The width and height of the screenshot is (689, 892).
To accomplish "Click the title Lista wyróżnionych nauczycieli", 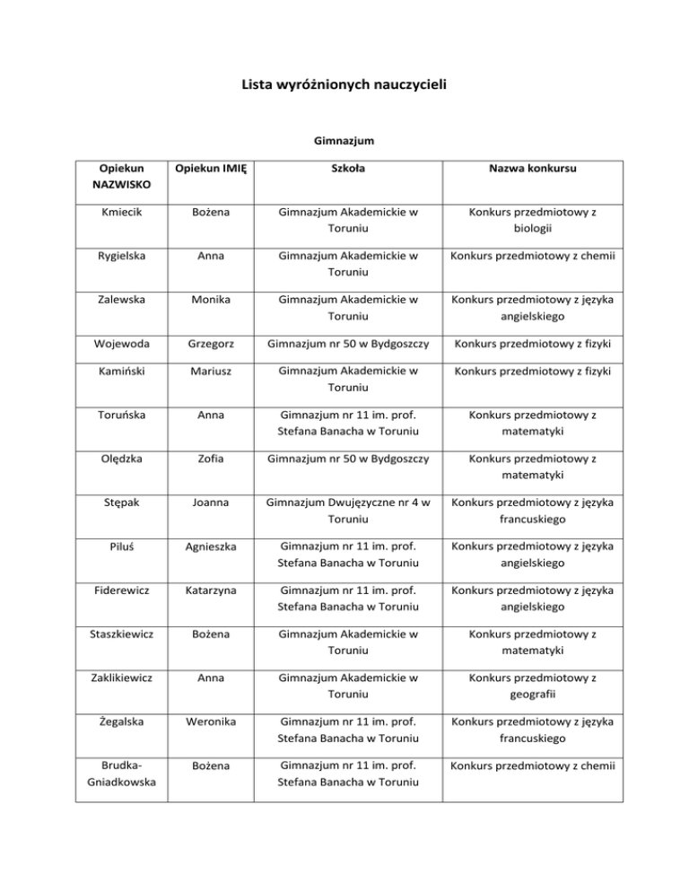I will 344,86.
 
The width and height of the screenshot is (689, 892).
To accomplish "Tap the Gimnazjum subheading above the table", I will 344,141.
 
